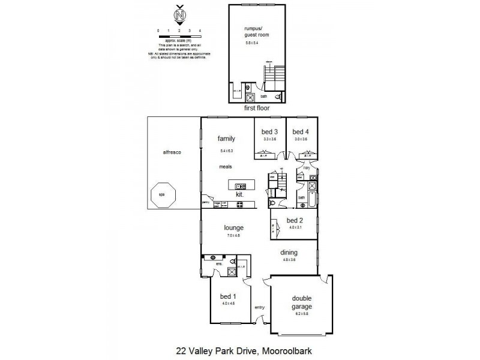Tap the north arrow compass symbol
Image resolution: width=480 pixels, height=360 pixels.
[x=179, y=15]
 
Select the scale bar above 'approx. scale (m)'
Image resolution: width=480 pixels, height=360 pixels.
[x=179, y=34]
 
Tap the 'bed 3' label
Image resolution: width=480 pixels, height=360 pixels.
[x=269, y=132]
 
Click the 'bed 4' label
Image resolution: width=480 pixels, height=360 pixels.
[x=300, y=132]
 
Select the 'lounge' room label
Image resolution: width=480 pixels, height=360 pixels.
[x=233, y=228]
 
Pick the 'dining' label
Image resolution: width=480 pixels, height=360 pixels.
[x=289, y=253]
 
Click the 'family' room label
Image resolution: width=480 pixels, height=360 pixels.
[x=226, y=139]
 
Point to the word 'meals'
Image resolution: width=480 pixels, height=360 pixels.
[x=226, y=167]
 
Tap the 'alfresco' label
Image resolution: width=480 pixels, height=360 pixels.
[x=172, y=152]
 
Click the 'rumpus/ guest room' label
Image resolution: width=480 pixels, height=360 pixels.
[x=256, y=32]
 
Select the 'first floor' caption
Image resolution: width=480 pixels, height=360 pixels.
[x=257, y=109]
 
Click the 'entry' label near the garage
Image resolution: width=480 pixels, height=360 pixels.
[x=259, y=307]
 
